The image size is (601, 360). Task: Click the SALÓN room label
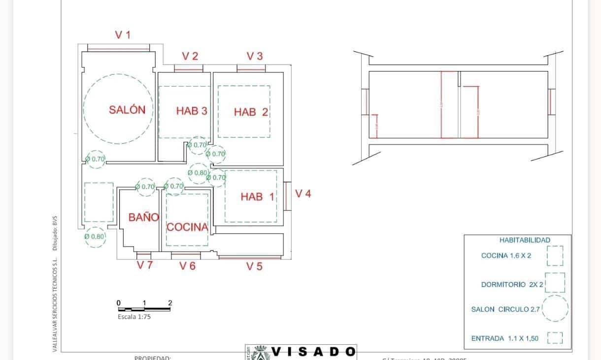(127, 110)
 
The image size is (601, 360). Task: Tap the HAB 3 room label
(191, 111)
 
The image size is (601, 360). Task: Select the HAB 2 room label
(251, 112)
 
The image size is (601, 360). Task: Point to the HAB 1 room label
(257, 197)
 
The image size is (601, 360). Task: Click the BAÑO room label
(143, 217)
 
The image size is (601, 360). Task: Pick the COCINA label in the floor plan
(187, 228)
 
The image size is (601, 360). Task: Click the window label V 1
(123, 35)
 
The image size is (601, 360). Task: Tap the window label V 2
(190, 56)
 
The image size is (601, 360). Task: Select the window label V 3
(254, 56)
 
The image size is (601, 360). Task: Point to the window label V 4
(303, 194)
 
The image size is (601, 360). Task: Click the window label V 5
(254, 266)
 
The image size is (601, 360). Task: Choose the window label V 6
(187, 266)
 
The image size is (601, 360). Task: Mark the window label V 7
(145, 265)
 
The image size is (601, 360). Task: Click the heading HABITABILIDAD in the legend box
(525, 240)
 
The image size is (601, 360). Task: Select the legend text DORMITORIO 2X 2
(512, 285)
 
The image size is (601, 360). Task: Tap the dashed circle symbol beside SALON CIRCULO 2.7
(555, 309)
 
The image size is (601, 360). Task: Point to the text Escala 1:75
(134, 317)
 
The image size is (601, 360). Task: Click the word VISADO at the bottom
(314, 352)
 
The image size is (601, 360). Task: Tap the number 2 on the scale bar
(170, 303)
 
